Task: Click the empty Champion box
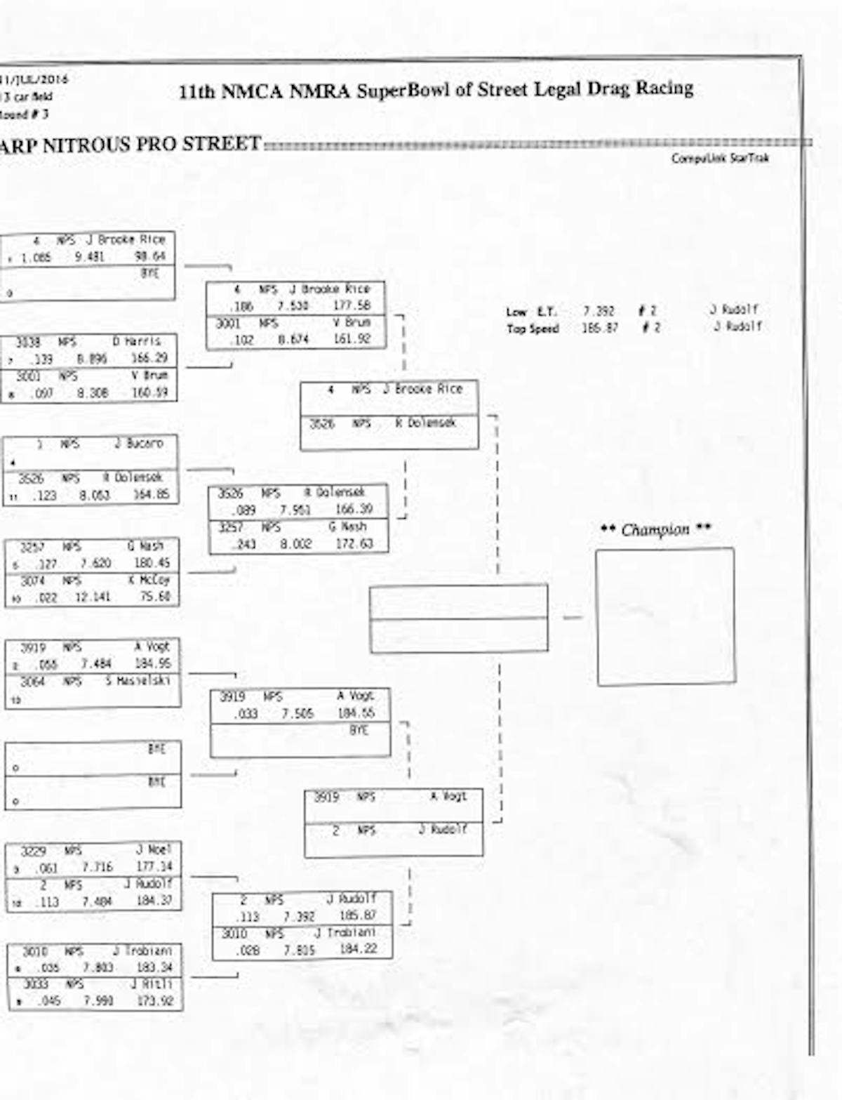(x=665, y=616)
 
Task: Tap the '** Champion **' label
(x=655, y=529)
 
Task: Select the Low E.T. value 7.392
(x=599, y=311)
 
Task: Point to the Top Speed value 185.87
(x=599, y=328)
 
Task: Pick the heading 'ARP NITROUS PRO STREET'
(x=131, y=145)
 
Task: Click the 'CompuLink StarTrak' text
(x=719, y=158)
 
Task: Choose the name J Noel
(x=149, y=849)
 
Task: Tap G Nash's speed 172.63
(x=354, y=544)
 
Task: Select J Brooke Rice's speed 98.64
(x=149, y=257)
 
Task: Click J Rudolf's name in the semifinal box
(x=442, y=830)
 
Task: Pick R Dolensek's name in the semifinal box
(x=426, y=423)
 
